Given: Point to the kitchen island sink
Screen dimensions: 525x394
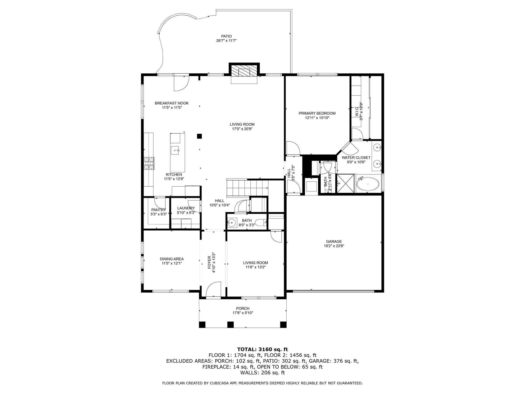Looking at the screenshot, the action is pos(175,150).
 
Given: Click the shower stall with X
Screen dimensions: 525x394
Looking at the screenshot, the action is pos(346,183).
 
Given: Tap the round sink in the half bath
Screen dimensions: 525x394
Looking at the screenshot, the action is pos(232,223).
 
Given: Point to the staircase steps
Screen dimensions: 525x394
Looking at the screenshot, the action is pos(247,188).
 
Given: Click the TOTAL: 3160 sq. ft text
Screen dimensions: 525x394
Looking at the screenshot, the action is pos(262,349).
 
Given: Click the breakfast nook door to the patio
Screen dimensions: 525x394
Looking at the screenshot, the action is pos(181,83).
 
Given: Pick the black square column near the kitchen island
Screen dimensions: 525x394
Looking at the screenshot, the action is pos(199,136).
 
